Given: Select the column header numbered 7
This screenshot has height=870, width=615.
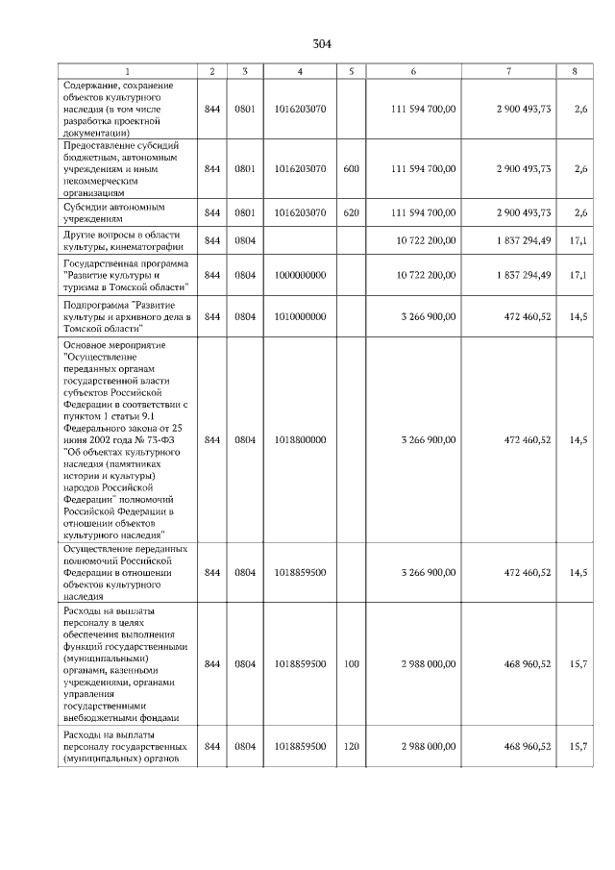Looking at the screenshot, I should pos(507,71).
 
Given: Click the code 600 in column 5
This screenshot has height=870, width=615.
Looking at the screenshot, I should pos(351,168).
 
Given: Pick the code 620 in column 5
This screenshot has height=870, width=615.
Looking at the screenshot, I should pos(351,212).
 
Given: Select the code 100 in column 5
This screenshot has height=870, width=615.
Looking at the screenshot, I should pos(351,663).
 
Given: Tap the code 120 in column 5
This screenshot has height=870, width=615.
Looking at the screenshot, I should pos(351,746).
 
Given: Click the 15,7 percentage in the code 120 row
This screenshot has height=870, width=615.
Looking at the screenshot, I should pos(578,746).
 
